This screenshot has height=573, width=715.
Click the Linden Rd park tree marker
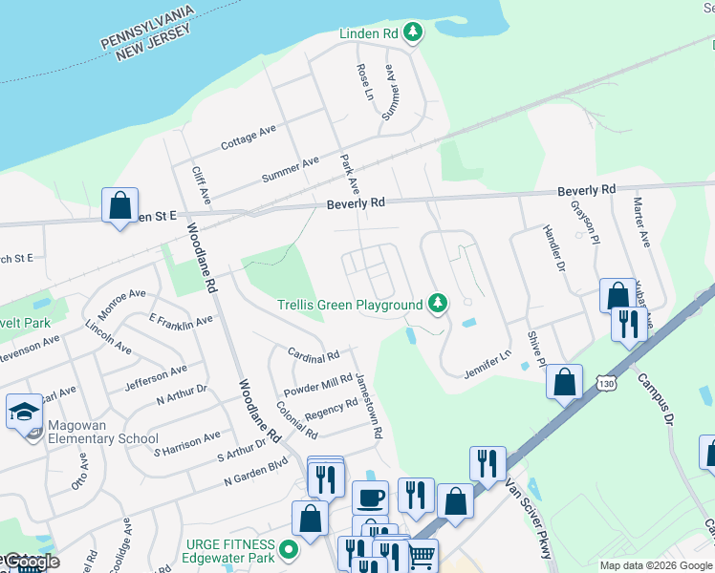click(x=413, y=33)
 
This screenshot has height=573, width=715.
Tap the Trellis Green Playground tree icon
click(x=438, y=304)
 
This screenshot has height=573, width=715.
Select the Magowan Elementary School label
click(x=93, y=439)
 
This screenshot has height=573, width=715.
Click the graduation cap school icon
click(x=24, y=411)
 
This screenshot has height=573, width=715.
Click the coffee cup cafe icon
click(x=370, y=498)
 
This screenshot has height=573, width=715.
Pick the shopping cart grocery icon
click(x=422, y=554)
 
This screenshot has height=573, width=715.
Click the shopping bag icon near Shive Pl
click(x=564, y=381)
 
